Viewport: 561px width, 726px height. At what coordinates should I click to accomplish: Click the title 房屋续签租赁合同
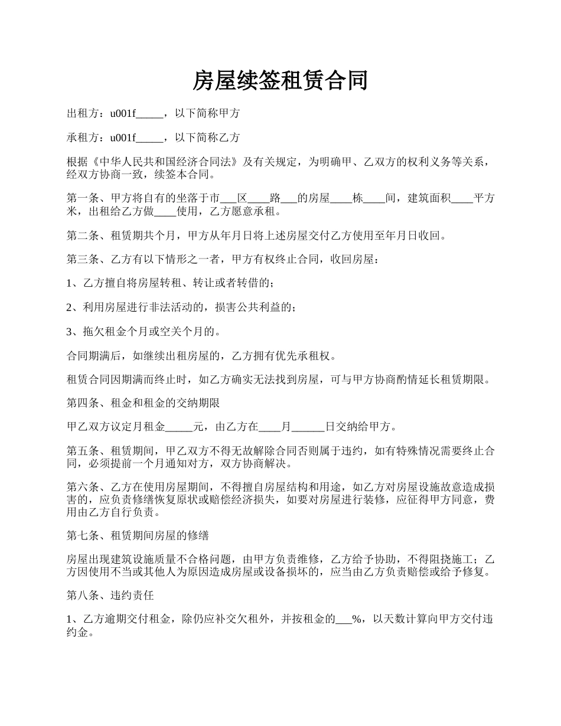point(280,81)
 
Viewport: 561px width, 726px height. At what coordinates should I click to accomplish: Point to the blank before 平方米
point(462,199)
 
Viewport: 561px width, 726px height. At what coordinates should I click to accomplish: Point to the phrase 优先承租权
point(312,356)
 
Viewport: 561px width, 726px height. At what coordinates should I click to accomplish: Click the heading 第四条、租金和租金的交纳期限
point(143,404)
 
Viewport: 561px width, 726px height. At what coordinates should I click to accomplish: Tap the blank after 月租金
point(179,427)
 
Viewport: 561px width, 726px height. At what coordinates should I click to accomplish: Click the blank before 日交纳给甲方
point(308,427)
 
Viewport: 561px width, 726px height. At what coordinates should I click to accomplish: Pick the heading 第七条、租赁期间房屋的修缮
point(138,536)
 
